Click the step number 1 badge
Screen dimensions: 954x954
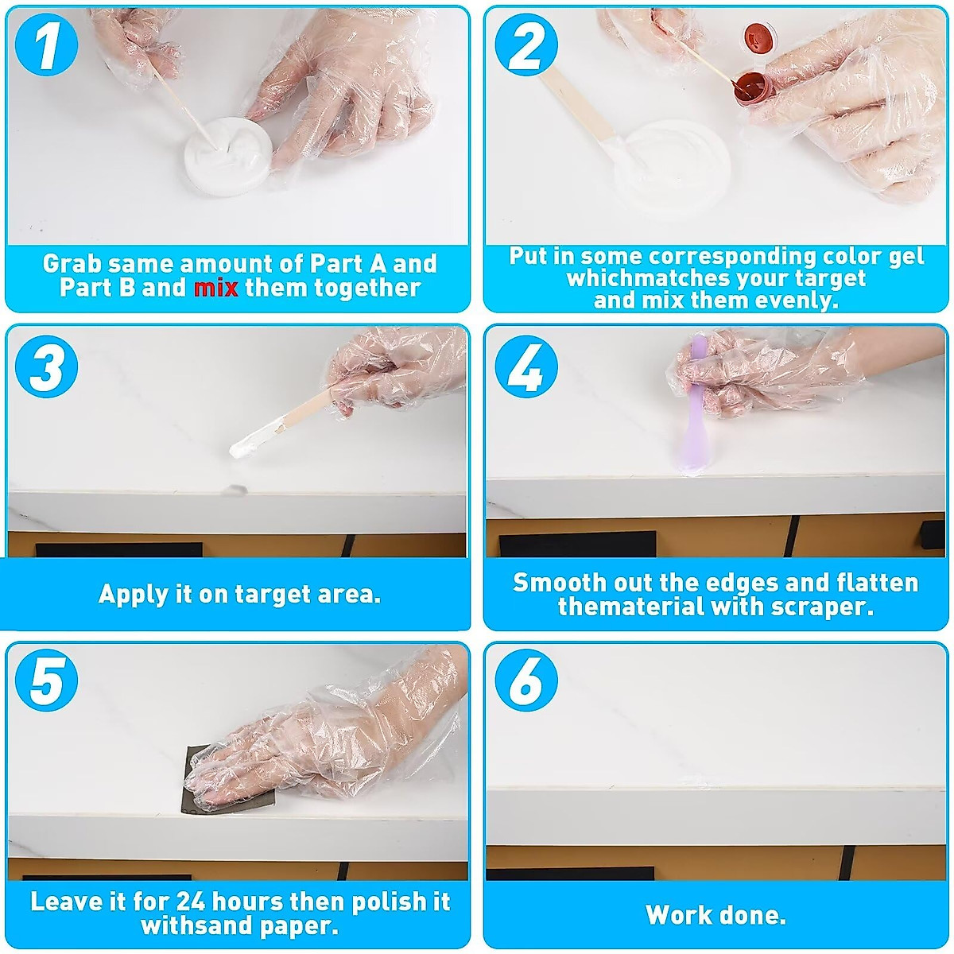coord(47,45)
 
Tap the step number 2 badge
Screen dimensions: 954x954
coord(526,45)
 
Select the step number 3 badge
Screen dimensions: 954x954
coord(47,366)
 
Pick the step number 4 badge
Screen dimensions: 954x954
coord(526,366)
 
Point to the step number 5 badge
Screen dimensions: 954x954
coord(47,681)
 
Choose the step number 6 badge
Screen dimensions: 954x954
coord(526,681)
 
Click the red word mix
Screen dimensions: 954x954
coord(216,288)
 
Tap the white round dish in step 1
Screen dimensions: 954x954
coord(228,156)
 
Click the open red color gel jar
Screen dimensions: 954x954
coord(750,88)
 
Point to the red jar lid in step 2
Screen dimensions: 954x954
coord(761,37)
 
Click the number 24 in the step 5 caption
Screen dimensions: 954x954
coord(191,902)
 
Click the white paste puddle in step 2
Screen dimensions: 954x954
coord(673,166)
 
